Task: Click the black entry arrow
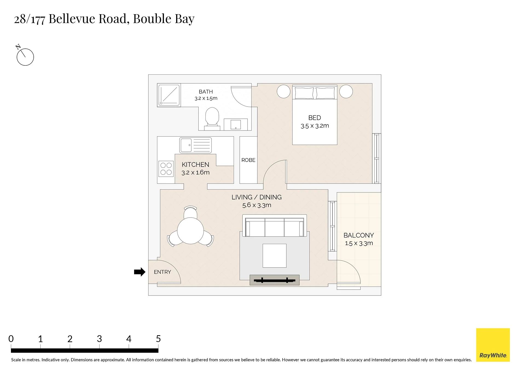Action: (140, 272)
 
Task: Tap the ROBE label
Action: (248, 160)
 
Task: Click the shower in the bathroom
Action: (169, 95)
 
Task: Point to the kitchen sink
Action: (196, 145)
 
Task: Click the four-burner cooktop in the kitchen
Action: (166, 169)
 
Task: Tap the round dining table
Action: (190, 231)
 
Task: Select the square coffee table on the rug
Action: (274, 256)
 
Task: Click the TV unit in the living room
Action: (274, 280)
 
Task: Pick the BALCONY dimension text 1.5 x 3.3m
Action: (359, 243)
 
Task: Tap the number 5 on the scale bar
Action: (158, 339)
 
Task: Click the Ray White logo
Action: (493, 345)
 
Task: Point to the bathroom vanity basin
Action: (236, 124)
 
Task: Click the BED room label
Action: (315, 118)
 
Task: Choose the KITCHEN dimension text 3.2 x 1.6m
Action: (195, 172)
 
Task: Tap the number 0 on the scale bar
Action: (11, 339)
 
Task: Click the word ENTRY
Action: (162, 272)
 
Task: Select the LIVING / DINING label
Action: (256, 197)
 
